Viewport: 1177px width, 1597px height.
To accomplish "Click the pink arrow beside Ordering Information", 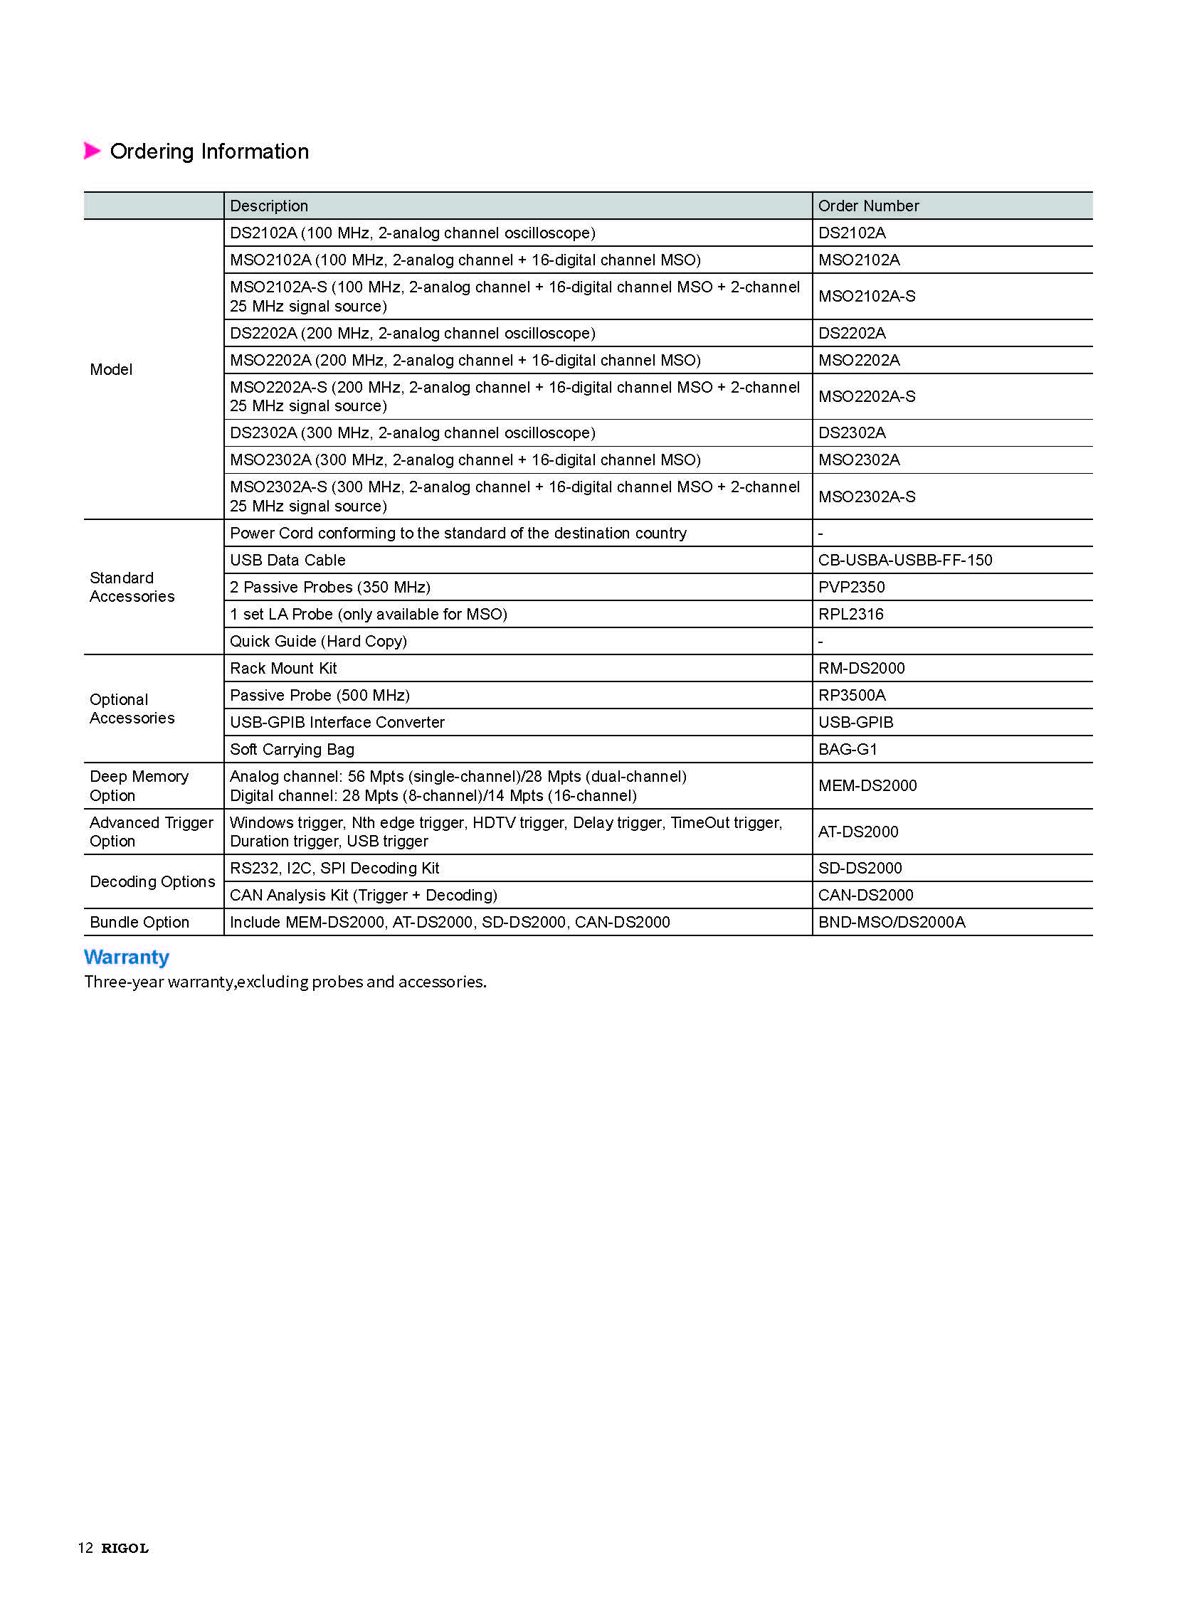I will pyautogui.click(x=92, y=151).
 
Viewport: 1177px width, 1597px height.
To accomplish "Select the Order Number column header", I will pyautogui.click(x=867, y=206).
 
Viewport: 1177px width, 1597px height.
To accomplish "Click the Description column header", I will pyautogui.click(x=268, y=206).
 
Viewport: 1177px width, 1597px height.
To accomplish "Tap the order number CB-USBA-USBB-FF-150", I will pyautogui.click(x=904, y=560).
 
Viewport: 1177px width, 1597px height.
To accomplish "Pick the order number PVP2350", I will pyautogui.click(x=850, y=587).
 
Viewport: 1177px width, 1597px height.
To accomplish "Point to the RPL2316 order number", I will pyautogui.click(x=850, y=614).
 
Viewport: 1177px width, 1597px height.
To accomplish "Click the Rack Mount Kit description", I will pyautogui.click(x=283, y=668).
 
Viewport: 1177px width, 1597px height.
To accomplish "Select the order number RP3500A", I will pyautogui.click(x=851, y=695).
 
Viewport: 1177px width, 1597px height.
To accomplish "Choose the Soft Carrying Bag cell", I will pyautogui.click(x=291, y=749).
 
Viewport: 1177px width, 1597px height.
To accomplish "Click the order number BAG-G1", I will pyautogui.click(x=847, y=749).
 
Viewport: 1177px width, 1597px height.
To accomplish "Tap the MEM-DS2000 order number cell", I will pyautogui.click(x=867, y=785).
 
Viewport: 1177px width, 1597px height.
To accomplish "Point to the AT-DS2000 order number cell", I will pyautogui.click(x=857, y=832).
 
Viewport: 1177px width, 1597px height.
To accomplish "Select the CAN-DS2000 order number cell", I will pyautogui.click(x=865, y=896).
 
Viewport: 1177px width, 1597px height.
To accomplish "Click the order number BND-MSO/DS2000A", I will pyautogui.click(x=892, y=923).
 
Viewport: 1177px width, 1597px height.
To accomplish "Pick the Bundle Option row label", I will pyautogui.click(x=139, y=923).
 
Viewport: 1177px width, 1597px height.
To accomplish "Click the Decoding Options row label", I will pyautogui.click(x=152, y=882).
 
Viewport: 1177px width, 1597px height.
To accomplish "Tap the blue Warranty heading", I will pyautogui.click(x=127, y=957).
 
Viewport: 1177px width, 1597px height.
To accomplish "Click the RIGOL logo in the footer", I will pyautogui.click(x=125, y=1548).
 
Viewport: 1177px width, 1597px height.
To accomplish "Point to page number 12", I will pyautogui.click(x=85, y=1548).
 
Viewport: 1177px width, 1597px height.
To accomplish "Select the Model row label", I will pyautogui.click(x=111, y=370).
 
